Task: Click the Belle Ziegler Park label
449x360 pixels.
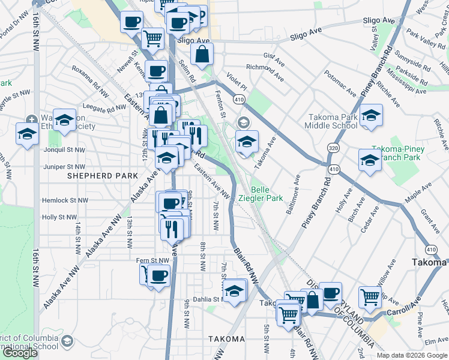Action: coord(266,192)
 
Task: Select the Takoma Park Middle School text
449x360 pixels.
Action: coord(334,122)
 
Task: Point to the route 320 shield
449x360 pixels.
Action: coord(333,147)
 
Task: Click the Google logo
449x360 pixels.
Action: coord(20,353)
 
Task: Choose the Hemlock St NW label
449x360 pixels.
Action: coord(64,200)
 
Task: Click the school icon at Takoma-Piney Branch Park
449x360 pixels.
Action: coord(370,160)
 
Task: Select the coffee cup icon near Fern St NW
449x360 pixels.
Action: coord(159,276)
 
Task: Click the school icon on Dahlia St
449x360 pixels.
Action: coord(236,291)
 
